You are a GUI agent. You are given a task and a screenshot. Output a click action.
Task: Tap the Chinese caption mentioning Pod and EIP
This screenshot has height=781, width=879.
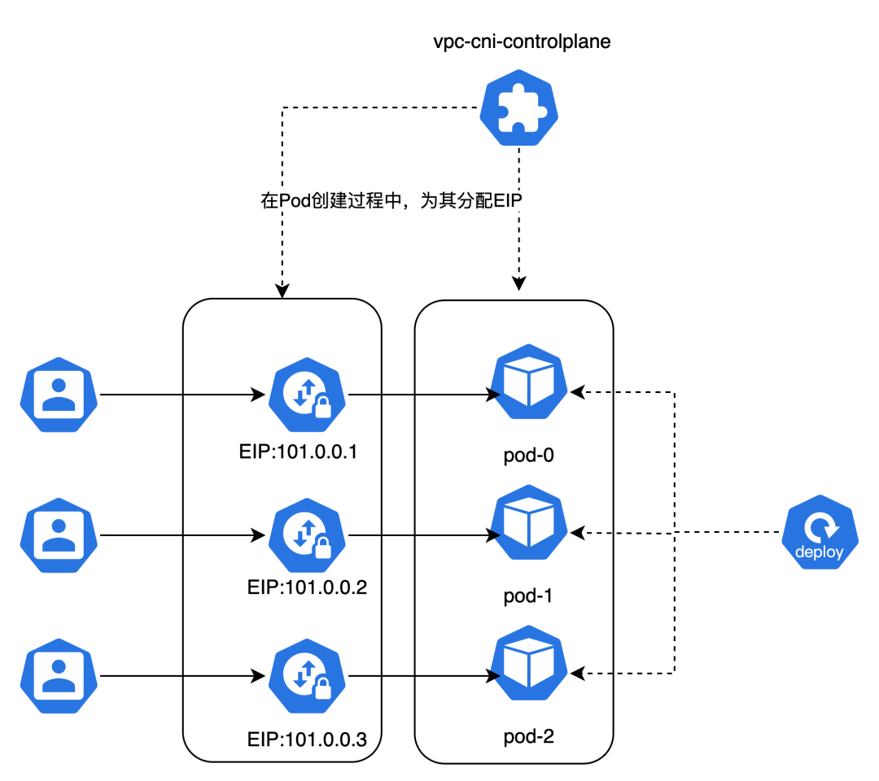click(391, 201)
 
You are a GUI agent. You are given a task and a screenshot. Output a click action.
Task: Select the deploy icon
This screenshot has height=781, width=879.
click(820, 534)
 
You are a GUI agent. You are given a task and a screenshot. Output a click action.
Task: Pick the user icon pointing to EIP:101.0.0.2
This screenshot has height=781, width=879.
click(59, 535)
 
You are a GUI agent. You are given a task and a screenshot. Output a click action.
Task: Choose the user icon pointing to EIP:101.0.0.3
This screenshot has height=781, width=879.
click(59, 676)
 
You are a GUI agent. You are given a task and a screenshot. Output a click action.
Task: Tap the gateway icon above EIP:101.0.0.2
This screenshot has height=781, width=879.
click(308, 535)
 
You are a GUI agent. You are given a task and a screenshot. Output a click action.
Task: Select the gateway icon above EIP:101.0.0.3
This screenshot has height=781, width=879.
click(308, 676)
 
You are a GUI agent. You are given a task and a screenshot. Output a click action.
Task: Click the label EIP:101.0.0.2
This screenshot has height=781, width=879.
click(307, 586)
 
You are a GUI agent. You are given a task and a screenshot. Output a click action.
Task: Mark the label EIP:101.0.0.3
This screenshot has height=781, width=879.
click(307, 740)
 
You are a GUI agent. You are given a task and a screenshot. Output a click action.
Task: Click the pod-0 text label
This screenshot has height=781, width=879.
click(528, 456)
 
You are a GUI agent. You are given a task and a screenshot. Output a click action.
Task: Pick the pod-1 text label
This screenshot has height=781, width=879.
click(528, 596)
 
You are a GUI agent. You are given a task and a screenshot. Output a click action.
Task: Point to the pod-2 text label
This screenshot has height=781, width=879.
click(528, 737)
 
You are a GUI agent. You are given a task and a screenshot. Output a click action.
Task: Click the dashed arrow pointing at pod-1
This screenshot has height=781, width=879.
click(591, 533)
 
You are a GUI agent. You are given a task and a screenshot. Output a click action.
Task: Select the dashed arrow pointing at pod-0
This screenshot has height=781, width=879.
click(591, 393)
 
